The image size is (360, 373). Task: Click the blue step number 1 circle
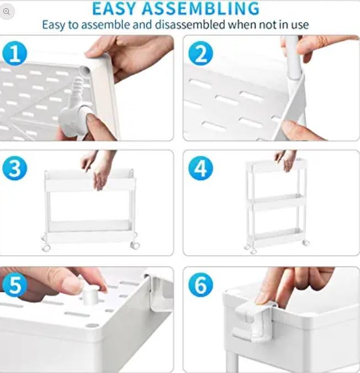tap(15, 54)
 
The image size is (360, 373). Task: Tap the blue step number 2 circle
tap(200, 54)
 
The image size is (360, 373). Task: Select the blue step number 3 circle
tap(15, 169)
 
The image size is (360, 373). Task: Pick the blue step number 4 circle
tap(200, 169)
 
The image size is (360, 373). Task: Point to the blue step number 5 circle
tap(15, 286)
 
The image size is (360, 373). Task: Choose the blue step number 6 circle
tap(200, 286)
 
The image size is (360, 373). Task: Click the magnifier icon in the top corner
tap(7, 12)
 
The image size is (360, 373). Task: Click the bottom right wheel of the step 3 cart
tap(133, 245)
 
